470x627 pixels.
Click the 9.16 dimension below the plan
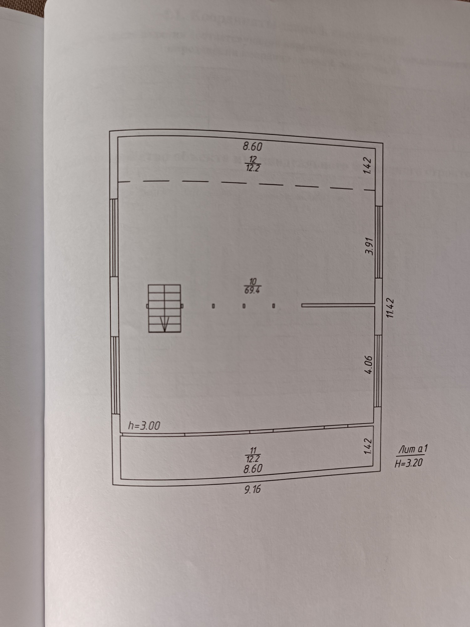[252, 489]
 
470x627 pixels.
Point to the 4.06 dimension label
[370, 364]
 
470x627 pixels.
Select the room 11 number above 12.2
[253, 450]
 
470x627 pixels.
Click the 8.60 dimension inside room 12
[253, 146]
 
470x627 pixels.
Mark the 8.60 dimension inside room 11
[253, 468]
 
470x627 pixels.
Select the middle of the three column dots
[244, 305]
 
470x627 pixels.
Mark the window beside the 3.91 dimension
[379, 242]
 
